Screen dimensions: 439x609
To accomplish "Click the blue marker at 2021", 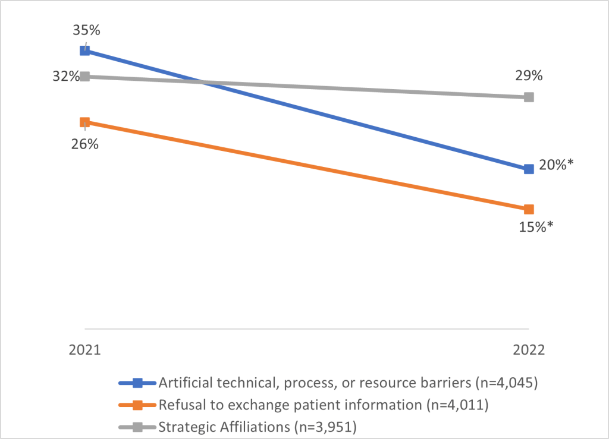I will [x=85, y=50].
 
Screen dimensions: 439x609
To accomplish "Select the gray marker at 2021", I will [x=85, y=77].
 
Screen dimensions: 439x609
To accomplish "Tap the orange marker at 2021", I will [x=85, y=122].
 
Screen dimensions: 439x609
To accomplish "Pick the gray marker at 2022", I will [x=529, y=97].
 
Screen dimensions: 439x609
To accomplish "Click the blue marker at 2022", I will [x=529, y=169].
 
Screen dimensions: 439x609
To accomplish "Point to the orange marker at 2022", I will [x=529, y=209].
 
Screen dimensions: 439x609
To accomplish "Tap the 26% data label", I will [x=85, y=144].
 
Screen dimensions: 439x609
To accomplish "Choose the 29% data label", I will [x=529, y=76].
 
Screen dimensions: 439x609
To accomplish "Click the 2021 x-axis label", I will [x=85, y=350].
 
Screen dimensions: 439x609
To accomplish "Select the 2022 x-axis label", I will [x=529, y=350].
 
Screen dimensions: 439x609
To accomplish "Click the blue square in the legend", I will [x=138, y=383].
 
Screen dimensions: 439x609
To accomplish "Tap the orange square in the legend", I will [x=138, y=405].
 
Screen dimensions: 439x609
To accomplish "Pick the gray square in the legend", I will [x=138, y=426].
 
